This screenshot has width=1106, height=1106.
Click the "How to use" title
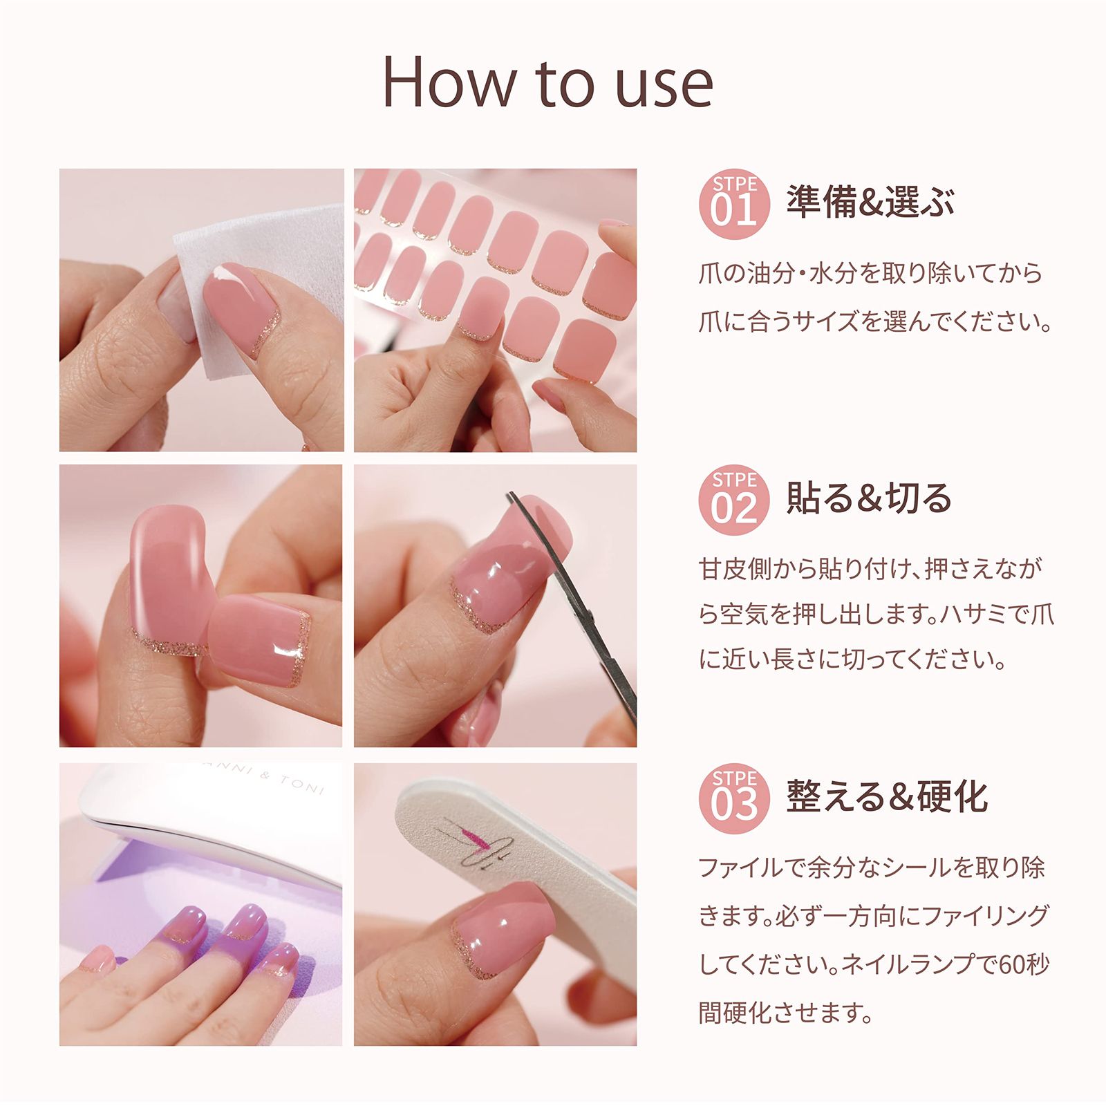[547, 83]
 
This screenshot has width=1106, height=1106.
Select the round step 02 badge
[734, 499]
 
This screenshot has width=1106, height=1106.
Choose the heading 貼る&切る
[869, 498]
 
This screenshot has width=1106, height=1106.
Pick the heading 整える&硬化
[887, 796]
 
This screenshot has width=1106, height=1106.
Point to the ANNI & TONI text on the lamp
[266, 778]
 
